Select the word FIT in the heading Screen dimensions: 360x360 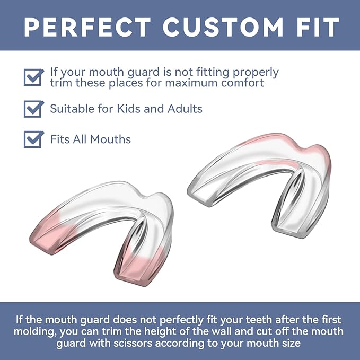coord(314,26)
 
